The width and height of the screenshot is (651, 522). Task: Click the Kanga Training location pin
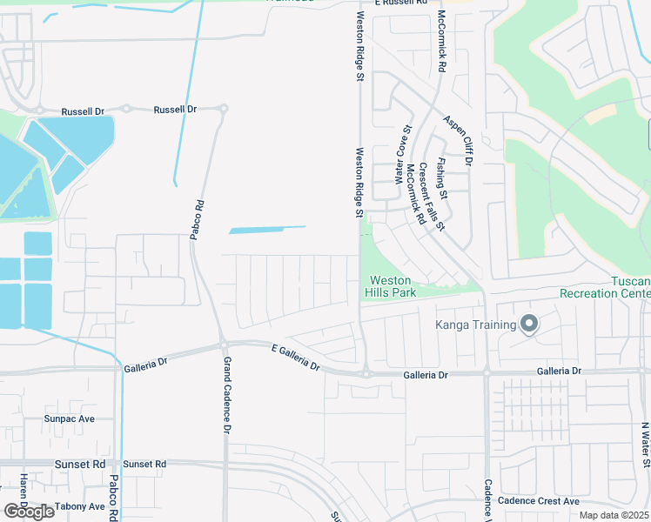click(528, 325)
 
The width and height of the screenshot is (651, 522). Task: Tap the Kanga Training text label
click(478, 325)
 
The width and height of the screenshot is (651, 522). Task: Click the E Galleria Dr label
click(296, 358)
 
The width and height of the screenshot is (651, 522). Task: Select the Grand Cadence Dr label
click(226, 395)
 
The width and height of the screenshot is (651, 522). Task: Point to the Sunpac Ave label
click(69, 418)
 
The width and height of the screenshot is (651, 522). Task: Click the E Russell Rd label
click(402, 3)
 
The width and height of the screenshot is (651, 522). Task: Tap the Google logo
click(29, 511)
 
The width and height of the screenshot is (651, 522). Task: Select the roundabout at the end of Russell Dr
click(224, 110)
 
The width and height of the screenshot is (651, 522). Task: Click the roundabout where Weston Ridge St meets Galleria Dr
click(366, 374)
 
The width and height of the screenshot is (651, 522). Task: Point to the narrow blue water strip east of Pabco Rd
click(267, 230)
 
